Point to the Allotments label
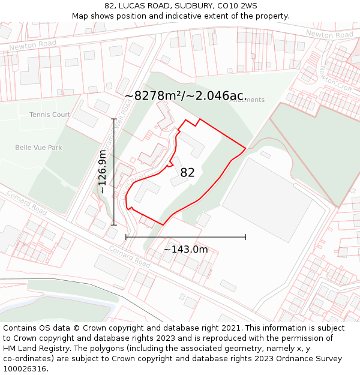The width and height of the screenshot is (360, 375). coord(247,100)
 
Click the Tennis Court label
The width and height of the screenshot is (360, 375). coord(50,115)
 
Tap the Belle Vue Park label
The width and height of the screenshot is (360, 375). coord(38,147)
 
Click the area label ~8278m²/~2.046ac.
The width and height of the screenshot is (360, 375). coord(185,95)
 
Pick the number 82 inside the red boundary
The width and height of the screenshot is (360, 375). coord(187,173)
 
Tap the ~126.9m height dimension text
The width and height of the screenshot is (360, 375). coord(103,172)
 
